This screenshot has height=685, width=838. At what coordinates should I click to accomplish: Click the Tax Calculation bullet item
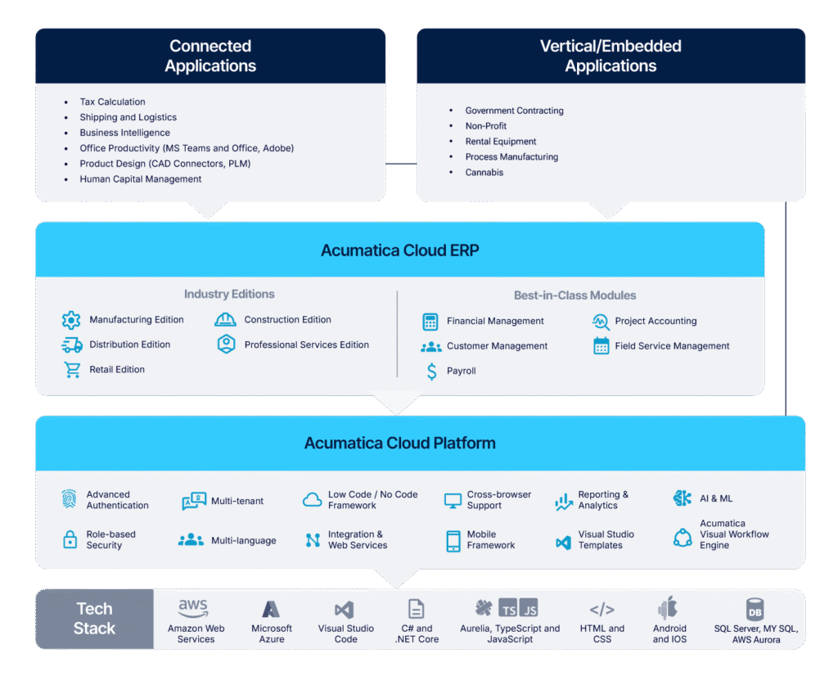[x=112, y=102]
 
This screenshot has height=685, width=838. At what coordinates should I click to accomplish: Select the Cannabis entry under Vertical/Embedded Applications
[x=484, y=173]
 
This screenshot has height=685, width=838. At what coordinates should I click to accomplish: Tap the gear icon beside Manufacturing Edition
[x=71, y=320]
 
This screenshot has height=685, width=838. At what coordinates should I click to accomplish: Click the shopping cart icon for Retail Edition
[x=72, y=370]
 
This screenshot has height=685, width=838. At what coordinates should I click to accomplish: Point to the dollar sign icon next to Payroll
[x=431, y=372]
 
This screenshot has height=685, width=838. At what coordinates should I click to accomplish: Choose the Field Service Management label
[x=672, y=346]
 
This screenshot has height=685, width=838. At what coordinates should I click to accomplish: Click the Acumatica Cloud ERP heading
[x=399, y=250]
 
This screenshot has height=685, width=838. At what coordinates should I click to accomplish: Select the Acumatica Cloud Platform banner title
[x=399, y=444]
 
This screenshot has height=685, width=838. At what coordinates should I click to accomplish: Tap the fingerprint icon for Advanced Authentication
[x=70, y=499]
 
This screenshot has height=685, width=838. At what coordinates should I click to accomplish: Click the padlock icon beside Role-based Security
[x=70, y=539]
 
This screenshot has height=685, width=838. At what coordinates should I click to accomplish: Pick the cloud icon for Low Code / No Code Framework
[x=312, y=500]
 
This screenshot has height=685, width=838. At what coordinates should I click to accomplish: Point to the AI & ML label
[x=716, y=498]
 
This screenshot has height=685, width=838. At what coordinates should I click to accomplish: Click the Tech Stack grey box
[x=94, y=619]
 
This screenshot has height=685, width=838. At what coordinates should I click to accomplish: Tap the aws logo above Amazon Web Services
[x=193, y=609]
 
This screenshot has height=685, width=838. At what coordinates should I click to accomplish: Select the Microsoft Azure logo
[x=271, y=610]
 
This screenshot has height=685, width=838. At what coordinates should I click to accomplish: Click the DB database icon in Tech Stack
[x=755, y=610]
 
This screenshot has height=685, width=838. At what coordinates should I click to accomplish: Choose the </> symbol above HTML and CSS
[x=601, y=610]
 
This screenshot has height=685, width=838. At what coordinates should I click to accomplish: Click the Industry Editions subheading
[x=229, y=294]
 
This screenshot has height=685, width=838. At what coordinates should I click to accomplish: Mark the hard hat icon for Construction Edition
[x=225, y=320]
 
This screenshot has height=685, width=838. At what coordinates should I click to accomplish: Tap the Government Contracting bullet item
[x=514, y=110]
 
